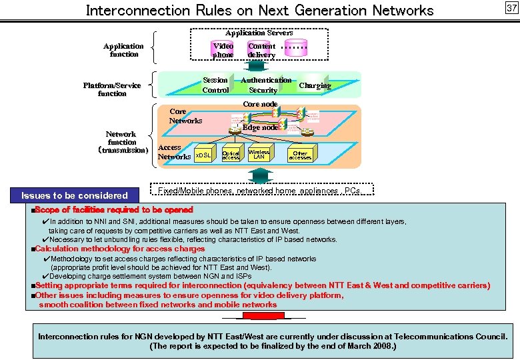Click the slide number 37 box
point(511,8)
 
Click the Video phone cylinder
point(223,50)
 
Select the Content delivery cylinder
point(261,50)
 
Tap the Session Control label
point(215,85)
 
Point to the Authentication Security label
point(265,85)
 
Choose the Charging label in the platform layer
point(315,85)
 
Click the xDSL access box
point(203,155)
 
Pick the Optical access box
point(231,155)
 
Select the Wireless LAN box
point(259,154)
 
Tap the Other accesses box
point(300,155)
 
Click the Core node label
point(260,104)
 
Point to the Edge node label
point(260,127)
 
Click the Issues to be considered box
point(75,195)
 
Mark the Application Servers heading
point(259,33)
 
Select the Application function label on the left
point(123,50)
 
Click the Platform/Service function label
point(112,89)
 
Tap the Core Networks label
point(185,116)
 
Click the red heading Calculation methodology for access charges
point(120,249)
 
